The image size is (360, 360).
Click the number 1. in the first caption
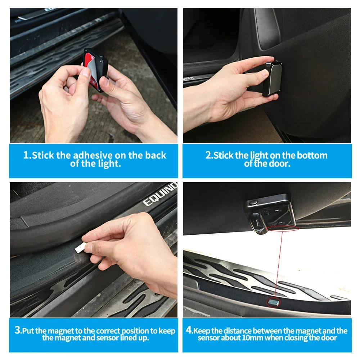pos(27,155)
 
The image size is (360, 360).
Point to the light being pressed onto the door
pos(273,78)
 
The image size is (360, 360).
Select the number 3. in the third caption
pos(18,330)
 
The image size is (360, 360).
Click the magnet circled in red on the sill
pos(273,302)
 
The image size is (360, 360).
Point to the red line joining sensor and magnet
pos(278,264)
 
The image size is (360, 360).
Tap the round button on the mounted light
pos(253,202)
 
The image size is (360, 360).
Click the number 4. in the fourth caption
pos(190,330)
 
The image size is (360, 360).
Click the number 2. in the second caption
pos(209,155)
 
